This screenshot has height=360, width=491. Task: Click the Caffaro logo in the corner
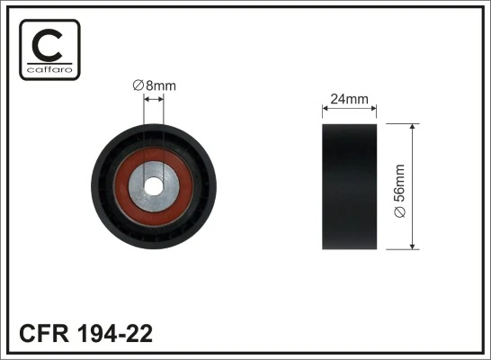[49, 49]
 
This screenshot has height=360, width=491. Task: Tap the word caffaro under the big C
[49, 68]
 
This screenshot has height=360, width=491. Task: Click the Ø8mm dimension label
[154, 85]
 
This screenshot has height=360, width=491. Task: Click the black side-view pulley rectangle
[349, 186]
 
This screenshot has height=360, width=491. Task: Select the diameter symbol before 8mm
[138, 85]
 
